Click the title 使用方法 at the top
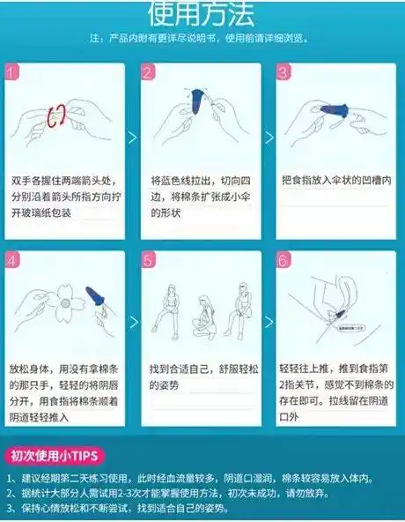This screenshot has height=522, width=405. point(201,13)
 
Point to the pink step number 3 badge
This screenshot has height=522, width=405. point(283,72)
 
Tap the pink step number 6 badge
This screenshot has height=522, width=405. point(283,260)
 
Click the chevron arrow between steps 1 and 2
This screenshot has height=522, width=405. point(132,138)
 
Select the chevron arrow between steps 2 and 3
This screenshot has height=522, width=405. point(268,138)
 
